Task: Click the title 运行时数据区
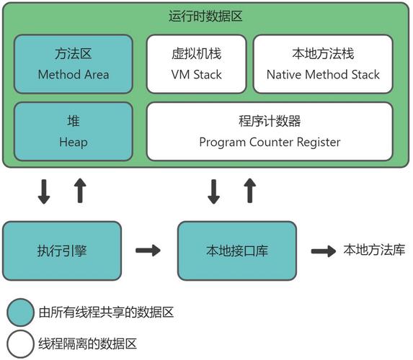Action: (x=205, y=16)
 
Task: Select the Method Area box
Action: (x=74, y=63)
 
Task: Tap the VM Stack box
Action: (x=196, y=63)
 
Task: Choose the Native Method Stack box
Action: (x=323, y=63)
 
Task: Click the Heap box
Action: (x=74, y=132)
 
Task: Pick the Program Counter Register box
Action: (x=270, y=132)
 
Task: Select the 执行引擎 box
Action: (x=63, y=251)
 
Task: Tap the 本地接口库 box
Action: (x=237, y=251)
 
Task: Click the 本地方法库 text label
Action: (x=374, y=251)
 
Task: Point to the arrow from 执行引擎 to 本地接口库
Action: (x=148, y=251)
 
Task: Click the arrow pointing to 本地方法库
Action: (x=323, y=251)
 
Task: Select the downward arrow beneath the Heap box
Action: (x=45, y=191)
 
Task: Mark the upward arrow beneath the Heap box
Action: (x=80, y=191)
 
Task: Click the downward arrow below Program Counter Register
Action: (x=214, y=191)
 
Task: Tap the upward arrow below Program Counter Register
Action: (x=249, y=191)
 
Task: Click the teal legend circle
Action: (x=19, y=312)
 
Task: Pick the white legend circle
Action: (x=19, y=343)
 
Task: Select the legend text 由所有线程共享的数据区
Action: (x=106, y=312)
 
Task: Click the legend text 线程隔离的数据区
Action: (x=87, y=343)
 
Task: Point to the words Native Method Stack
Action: (x=323, y=74)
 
